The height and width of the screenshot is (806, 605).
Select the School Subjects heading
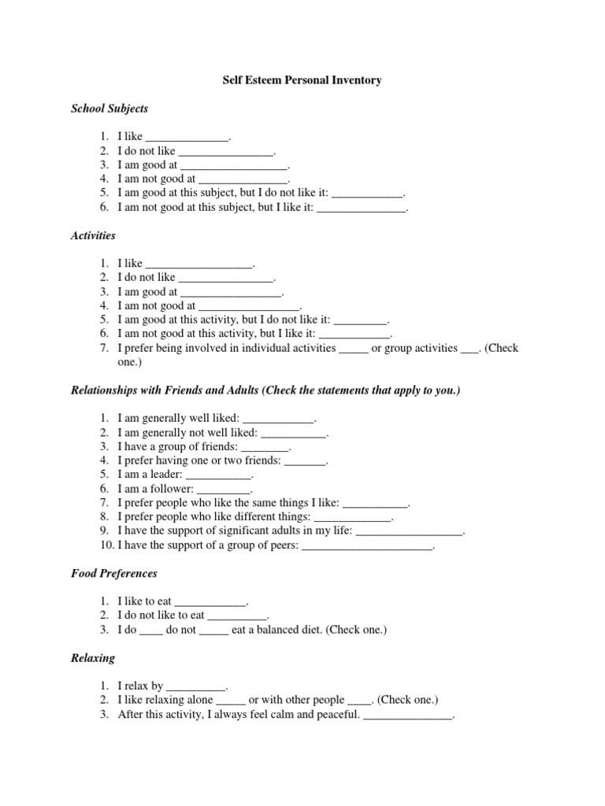pos(109,109)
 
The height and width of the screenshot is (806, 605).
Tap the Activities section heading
pos(93,235)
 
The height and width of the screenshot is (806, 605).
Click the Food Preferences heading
pos(114,574)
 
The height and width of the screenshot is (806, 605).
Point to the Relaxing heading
pos(93,657)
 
